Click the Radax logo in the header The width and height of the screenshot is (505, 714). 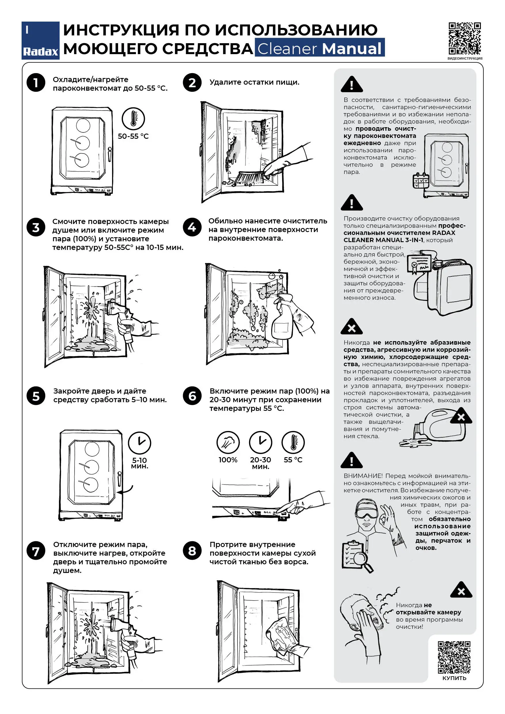[x=40, y=40]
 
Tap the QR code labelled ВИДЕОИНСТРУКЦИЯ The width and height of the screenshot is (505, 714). [x=465, y=39]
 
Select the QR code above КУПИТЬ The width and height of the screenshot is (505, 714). [x=454, y=657]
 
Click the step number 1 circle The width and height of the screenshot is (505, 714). [x=36, y=83]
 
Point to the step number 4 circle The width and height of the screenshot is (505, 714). [x=192, y=227]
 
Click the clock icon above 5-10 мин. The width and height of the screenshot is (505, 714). [x=140, y=443]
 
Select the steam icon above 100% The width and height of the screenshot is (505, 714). [x=228, y=442]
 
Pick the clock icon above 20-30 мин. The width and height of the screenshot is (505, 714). [x=261, y=442]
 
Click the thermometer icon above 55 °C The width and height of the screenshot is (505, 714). [x=293, y=442]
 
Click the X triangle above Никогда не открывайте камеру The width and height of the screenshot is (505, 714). [x=461, y=590]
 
